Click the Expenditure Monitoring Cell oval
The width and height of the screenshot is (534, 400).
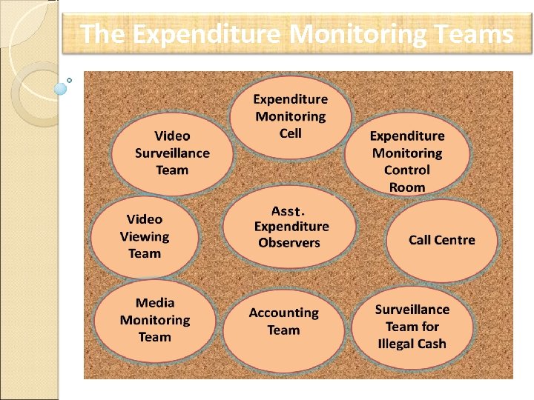click(x=291, y=116)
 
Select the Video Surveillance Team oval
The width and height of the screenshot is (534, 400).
click(x=172, y=153)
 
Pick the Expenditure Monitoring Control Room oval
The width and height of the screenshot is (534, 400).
click(x=407, y=161)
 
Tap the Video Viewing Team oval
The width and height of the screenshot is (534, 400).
click(x=145, y=236)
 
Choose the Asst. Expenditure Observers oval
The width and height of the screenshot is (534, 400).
click(x=290, y=227)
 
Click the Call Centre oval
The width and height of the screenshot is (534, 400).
click(x=442, y=240)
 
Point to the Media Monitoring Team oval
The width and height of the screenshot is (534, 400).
click(x=155, y=320)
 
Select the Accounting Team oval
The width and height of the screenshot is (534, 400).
click(x=283, y=324)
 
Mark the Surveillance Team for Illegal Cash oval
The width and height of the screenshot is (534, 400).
click(x=412, y=327)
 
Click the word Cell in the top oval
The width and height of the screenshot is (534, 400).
click(x=291, y=133)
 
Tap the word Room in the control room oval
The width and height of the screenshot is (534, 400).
click(x=407, y=187)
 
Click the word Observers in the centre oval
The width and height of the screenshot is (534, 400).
click(x=289, y=243)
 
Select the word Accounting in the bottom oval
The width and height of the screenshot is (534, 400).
click(x=283, y=313)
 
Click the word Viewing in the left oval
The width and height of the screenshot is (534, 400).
click(x=145, y=237)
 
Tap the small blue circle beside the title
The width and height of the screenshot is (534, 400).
click(x=61, y=88)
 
